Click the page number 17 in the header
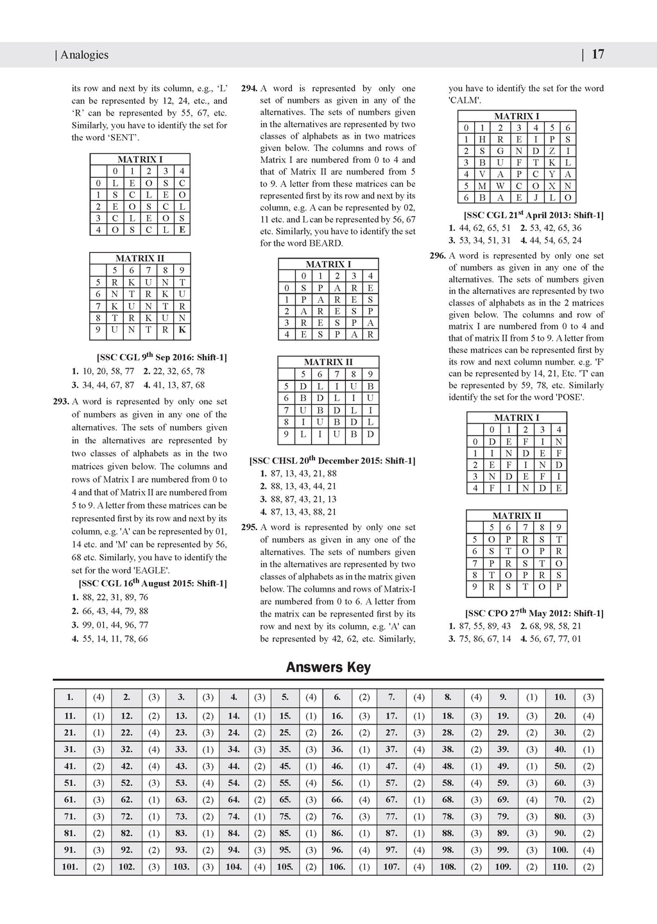(597, 55)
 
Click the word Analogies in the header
(84, 55)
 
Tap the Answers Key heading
(328, 667)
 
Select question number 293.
(61, 402)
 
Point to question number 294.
(249, 89)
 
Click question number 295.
(249, 527)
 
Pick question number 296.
(438, 255)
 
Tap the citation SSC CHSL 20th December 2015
(332, 461)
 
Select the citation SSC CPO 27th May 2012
(534, 613)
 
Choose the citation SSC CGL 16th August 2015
(152, 584)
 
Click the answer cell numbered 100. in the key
(560, 850)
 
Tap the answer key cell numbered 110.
(560, 866)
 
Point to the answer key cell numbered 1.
(69, 697)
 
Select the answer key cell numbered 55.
(286, 783)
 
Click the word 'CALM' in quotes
(465, 101)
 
